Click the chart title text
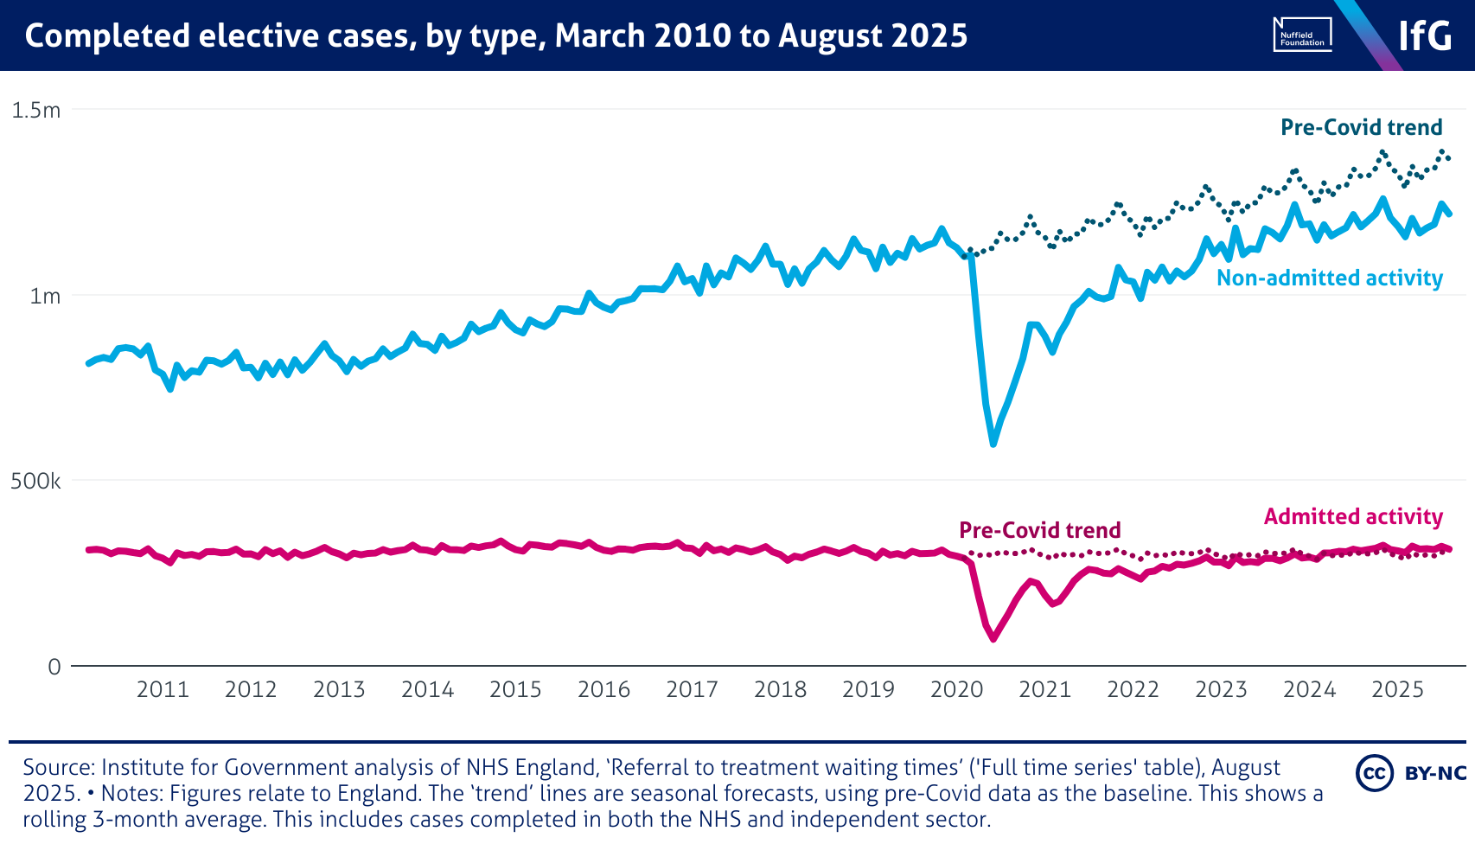click(496, 36)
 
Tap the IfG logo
click(1425, 36)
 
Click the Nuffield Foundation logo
click(1302, 35)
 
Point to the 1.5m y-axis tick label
click(35, 110)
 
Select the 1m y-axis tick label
click(45, 296)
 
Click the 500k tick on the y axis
click(35, 481)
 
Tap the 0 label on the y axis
click(54, 667)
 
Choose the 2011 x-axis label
click(163, 689)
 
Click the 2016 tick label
click(603, 689)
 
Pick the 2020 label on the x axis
click(956, 689)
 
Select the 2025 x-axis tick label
click(1397, 689)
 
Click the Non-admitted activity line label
click(1330, 278)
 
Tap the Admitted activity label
click(1353, 516)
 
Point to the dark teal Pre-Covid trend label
click(1361, 127)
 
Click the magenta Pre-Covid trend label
click(1039, 530)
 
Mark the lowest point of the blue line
click(993, 444)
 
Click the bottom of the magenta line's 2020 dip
click(993, 638)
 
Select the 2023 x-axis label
click(1221, 689)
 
